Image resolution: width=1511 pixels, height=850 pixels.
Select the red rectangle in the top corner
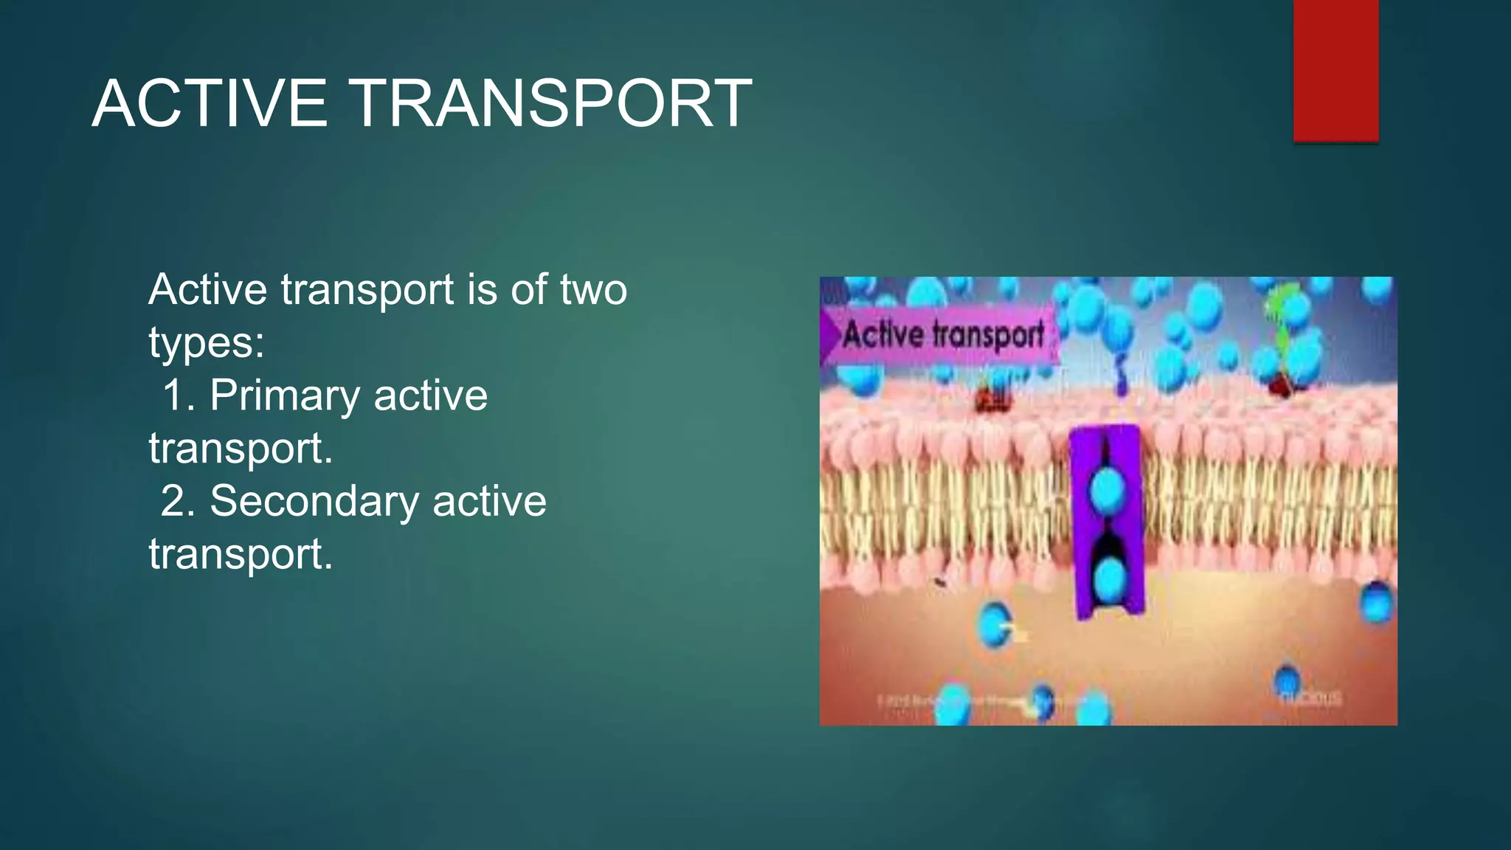(1335, 70)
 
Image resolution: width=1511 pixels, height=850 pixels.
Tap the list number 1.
(176, 395)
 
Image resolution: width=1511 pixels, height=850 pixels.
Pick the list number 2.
(176, 501)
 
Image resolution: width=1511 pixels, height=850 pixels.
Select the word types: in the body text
(207, 342)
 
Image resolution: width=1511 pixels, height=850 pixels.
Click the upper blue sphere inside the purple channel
(1107, 487)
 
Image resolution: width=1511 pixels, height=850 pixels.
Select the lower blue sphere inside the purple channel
(1107, 579)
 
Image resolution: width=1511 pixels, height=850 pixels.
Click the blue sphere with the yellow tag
(995, 624)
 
